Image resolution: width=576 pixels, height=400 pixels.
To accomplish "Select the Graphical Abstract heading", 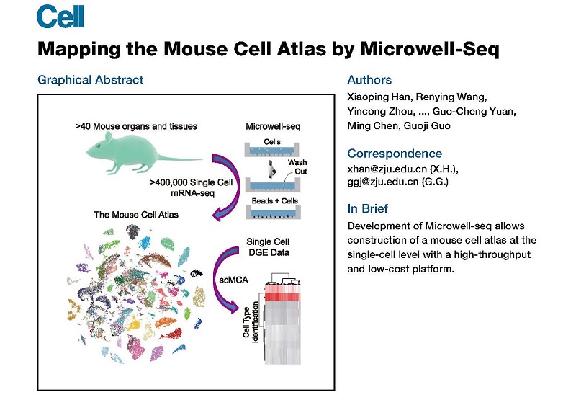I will [x=90, y=80].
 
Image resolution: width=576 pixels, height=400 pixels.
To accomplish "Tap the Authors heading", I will [x=369, y=80].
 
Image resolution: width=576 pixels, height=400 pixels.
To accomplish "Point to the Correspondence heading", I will [x=395, y=154].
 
